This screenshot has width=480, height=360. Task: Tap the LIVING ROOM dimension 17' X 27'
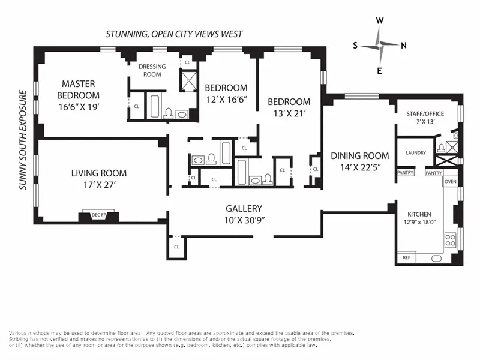coord(99,185)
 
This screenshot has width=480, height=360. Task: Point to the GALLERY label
coord(245,208)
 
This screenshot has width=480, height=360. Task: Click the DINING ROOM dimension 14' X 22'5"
coord(360,167)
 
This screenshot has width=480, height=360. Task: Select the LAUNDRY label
coord(416,153)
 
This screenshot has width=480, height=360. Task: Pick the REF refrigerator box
coord(406,258)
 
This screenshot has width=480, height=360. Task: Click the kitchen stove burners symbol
coord(451,240)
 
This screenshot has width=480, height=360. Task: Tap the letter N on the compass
coord(404,45)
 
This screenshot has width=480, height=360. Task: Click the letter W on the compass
coord(379,20)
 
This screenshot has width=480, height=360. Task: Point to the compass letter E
coord(379,71)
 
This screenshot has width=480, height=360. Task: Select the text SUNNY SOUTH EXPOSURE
coord(23,140)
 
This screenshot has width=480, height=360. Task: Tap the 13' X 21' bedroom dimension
coord(289,114)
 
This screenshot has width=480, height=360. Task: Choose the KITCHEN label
coord(419,214)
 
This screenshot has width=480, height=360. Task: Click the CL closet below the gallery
coord(177,247)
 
